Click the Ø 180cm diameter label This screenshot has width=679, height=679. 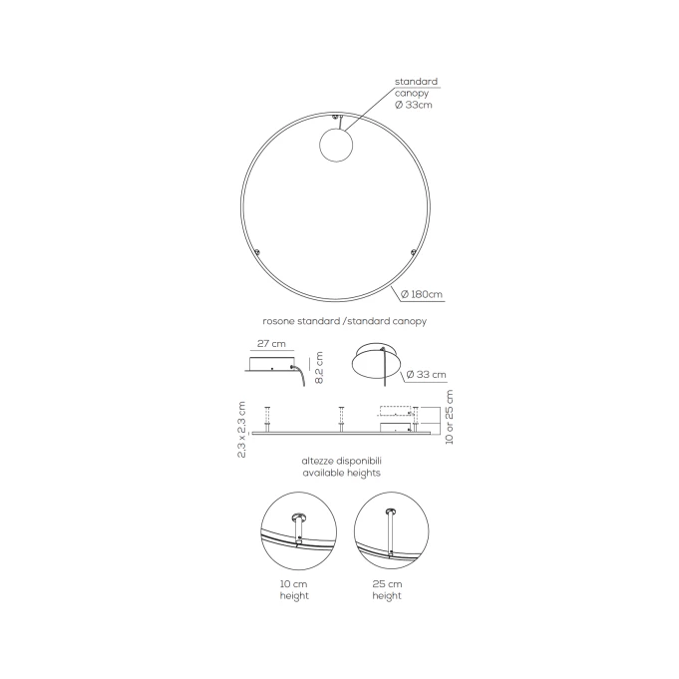coord(422,294)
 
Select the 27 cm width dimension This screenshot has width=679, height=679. coord(271,343)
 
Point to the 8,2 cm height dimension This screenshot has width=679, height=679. coord(319,367)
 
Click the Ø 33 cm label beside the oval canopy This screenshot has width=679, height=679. coord(426,375)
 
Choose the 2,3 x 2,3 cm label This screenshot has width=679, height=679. coord(241,430)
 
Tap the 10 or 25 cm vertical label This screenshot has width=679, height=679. coord(449,417)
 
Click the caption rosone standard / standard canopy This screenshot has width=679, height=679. coord(345,321)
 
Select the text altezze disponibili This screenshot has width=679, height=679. coord(342,461)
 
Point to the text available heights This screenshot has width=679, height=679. coord(342,473)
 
